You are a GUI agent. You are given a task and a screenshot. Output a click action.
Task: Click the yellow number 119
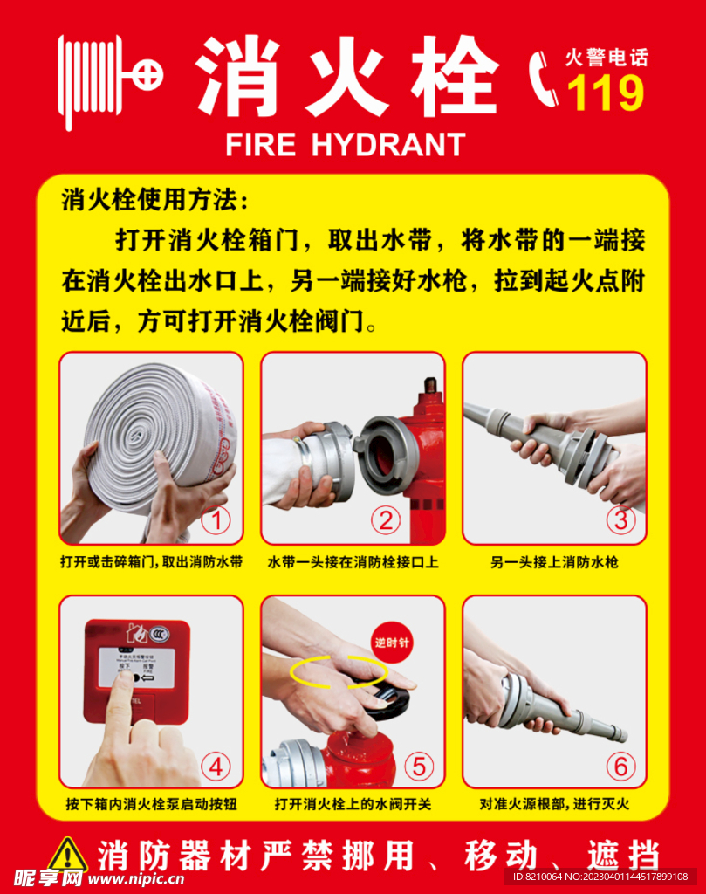click(x=606, y=93)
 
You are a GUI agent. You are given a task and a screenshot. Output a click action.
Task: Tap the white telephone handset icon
click(x=545, y=79)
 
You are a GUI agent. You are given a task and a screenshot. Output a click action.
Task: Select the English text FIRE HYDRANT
click(x=346, y=144)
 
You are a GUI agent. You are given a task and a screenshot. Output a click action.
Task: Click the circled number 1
click(x=216, y=521)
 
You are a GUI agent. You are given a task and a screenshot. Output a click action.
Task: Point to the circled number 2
click(x=385, y=521)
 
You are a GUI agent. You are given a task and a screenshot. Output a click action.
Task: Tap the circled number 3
click(x=620, y=521)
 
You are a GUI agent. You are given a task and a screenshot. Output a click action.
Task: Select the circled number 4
click(x=216, y=767)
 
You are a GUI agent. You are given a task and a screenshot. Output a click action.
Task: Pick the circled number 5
click(x=418, y=767)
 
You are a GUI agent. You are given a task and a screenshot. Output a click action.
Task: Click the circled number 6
click(x=620, y=767)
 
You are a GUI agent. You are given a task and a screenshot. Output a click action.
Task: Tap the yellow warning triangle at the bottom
click(x=67, y=856)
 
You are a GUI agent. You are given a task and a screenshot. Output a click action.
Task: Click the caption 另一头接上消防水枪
click(x=554, y=563)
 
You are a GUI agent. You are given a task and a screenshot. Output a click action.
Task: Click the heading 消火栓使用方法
click(x=155, y=201)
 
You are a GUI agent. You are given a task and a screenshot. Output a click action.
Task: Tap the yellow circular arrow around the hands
click(x=339, y=671)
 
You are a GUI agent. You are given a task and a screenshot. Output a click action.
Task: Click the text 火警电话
click(x=607, y=59)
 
